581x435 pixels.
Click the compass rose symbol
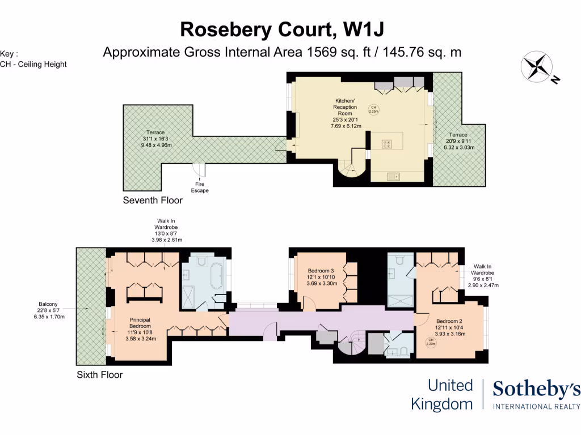click(x=537, y=66)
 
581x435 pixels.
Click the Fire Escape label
click(x=200, y=187)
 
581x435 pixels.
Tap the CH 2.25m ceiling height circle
click(x=373, y=109)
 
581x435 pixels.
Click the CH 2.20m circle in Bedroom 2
click(x=431, y=342)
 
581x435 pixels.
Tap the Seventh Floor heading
click(x=153, y=200)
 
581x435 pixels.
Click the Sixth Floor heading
click(x=99, y=374)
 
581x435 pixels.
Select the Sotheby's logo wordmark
click(x=536, y=390)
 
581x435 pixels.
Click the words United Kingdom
click(x=442, y=395)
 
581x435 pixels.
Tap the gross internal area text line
click(x=281, y=52)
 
